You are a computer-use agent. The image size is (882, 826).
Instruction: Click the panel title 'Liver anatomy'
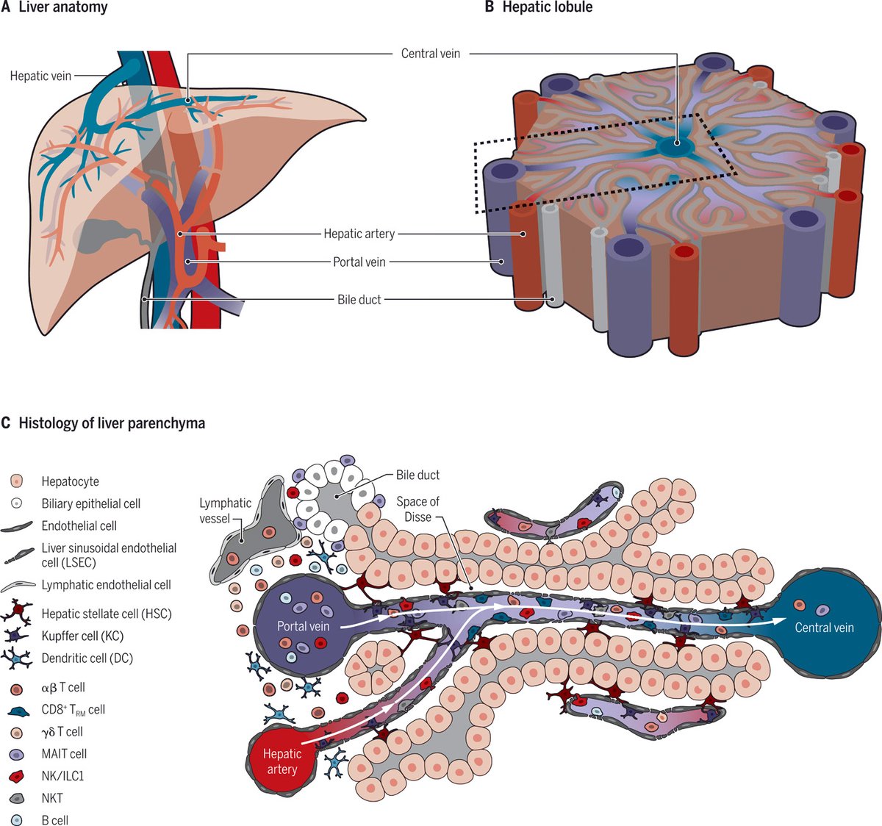coord(62,8)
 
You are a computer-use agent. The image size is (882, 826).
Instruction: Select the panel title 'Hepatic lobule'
coord(547,8)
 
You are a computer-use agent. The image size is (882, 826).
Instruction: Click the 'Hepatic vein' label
coord(40,76)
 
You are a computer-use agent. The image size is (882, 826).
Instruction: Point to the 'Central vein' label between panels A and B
coord(431,54)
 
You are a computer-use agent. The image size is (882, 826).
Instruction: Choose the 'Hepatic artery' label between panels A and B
coord(359,234)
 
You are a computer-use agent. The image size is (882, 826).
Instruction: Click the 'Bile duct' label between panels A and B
coord(359,300)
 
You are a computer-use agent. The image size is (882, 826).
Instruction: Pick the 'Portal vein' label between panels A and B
coord(359,262)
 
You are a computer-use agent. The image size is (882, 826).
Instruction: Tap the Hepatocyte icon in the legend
coord(17,481)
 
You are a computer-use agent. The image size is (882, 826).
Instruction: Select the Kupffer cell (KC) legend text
coord(82,636)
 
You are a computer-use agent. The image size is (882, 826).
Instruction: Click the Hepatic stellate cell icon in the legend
coord(17,613)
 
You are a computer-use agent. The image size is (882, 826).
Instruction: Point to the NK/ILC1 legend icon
coord(17,776)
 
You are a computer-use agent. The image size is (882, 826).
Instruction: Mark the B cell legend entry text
coord(55,820)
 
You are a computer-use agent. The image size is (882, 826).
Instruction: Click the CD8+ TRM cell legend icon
coord(17,710)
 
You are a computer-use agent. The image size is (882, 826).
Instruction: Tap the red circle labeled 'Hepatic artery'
coord(282,761)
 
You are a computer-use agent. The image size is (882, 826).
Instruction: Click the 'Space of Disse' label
coord(417,509)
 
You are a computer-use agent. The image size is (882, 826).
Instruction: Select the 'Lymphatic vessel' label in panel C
coord(225,511)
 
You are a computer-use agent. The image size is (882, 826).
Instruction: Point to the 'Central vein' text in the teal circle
coord(824,628)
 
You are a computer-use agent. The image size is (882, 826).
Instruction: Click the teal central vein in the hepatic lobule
coord(674,146)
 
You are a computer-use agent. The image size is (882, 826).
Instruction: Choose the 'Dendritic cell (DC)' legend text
coord(87,658)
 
